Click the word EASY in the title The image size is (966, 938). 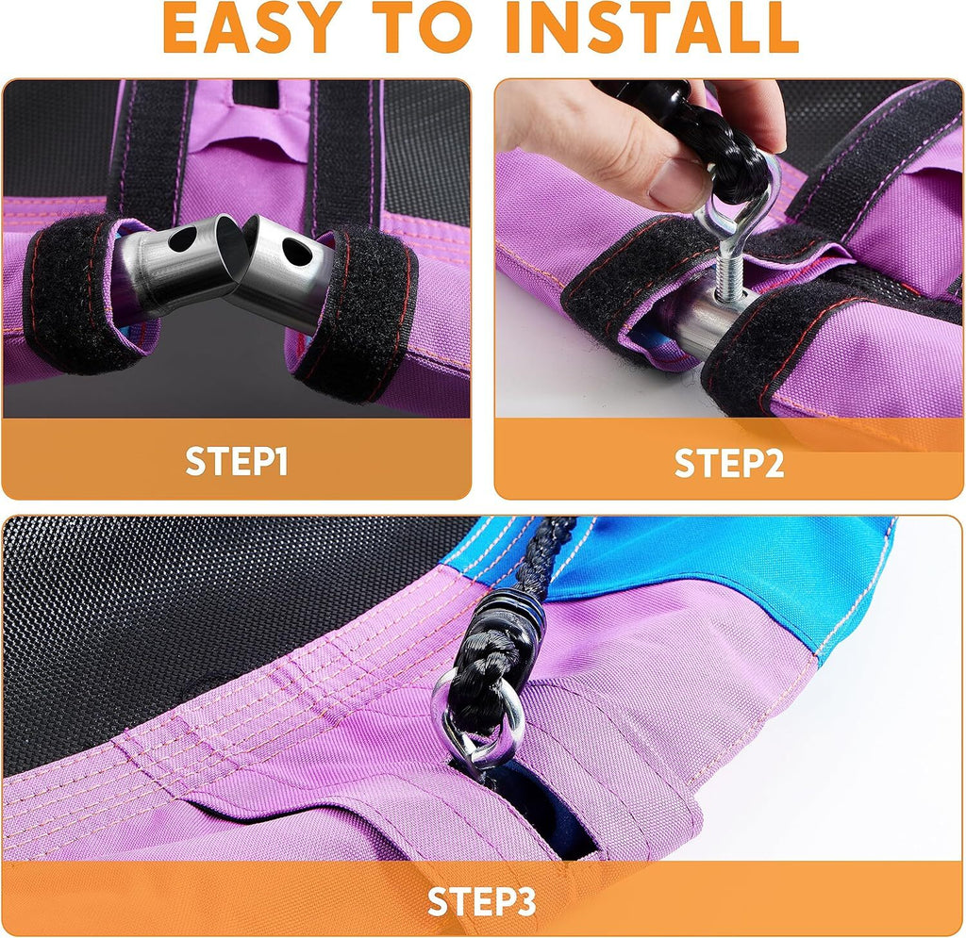tap(253, 27)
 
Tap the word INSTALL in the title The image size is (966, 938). tap(652, 27)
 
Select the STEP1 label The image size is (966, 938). tap(237, 461)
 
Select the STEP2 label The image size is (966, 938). tap(729, 463)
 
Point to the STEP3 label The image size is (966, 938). tap(482, 901)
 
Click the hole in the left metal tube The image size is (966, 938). tap(183, 239)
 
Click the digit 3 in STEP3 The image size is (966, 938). tap(525, 901)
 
